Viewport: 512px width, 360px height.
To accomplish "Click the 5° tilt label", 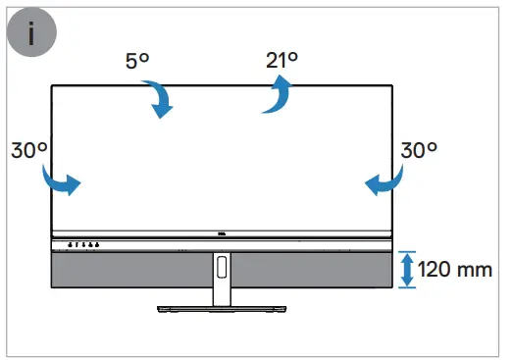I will point(137,61).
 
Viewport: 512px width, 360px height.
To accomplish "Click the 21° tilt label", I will point(280,59).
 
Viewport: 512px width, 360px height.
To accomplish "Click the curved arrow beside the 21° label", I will point(278,96).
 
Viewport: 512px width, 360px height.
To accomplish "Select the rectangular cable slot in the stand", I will point(223,266).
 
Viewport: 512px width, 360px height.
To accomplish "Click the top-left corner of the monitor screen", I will point(53,86).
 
